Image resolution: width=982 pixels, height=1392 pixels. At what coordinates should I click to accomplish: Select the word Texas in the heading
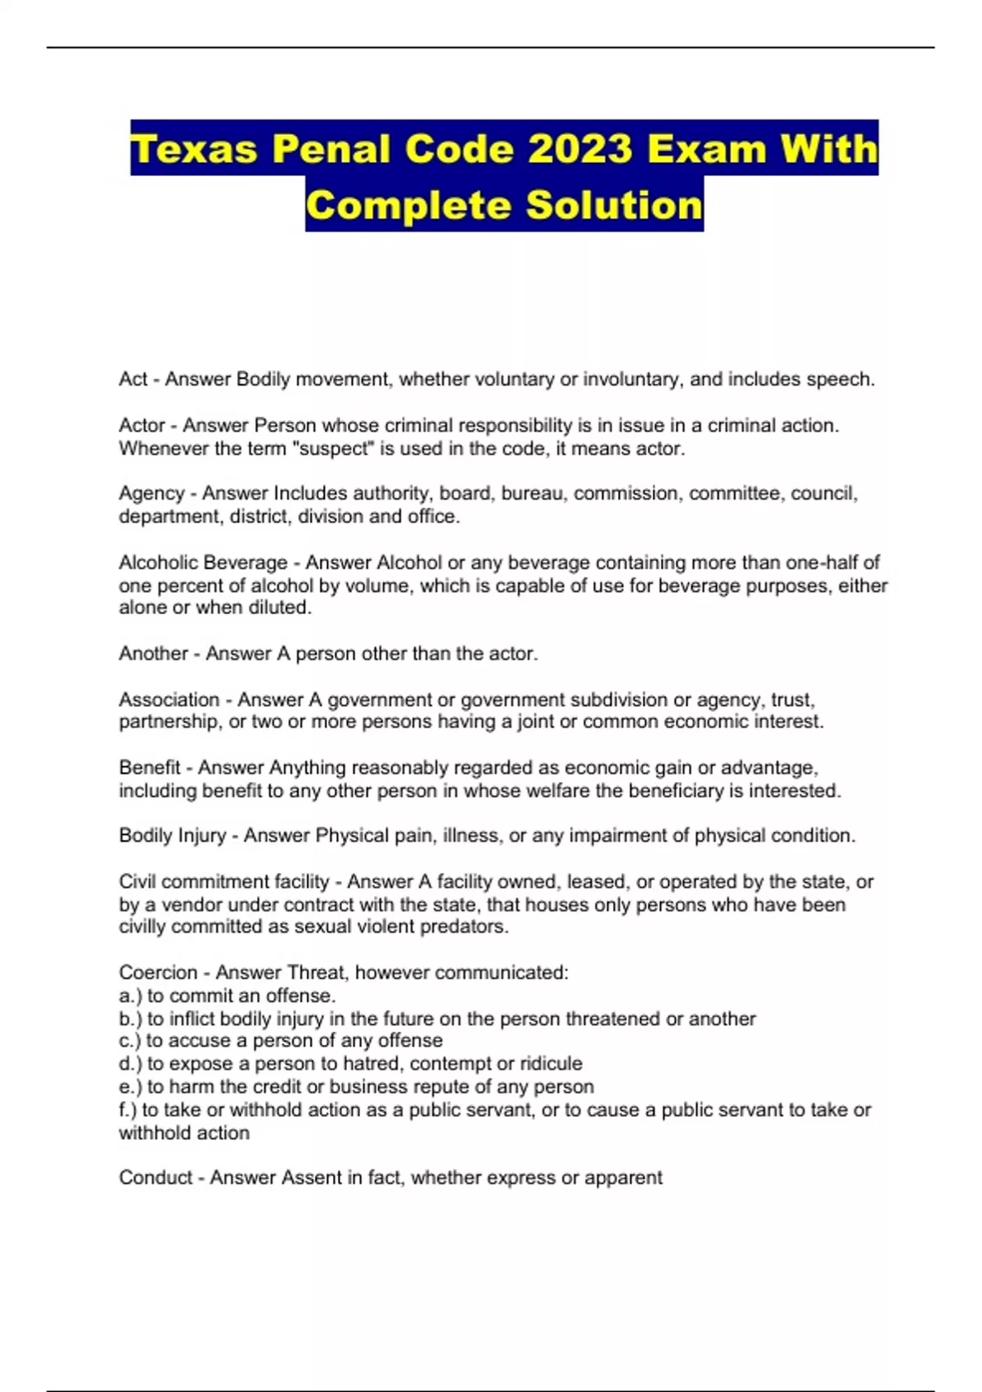(194, 149)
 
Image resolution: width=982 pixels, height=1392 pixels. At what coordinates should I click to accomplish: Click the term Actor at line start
(142, 426)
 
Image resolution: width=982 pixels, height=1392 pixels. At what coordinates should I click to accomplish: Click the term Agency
(151, 494)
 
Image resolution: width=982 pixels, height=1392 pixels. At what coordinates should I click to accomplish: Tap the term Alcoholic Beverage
(203, 563)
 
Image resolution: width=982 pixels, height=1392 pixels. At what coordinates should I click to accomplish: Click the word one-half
(824, 563)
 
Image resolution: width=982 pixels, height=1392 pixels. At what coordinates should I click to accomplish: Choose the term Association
(169, 700)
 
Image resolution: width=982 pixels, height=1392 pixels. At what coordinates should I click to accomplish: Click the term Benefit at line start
(149, 768)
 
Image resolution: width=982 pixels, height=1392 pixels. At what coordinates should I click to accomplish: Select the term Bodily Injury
(172, 836)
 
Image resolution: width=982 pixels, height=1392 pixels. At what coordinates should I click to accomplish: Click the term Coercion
(158, 973)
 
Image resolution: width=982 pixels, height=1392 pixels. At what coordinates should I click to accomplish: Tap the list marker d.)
(130, 1064)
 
